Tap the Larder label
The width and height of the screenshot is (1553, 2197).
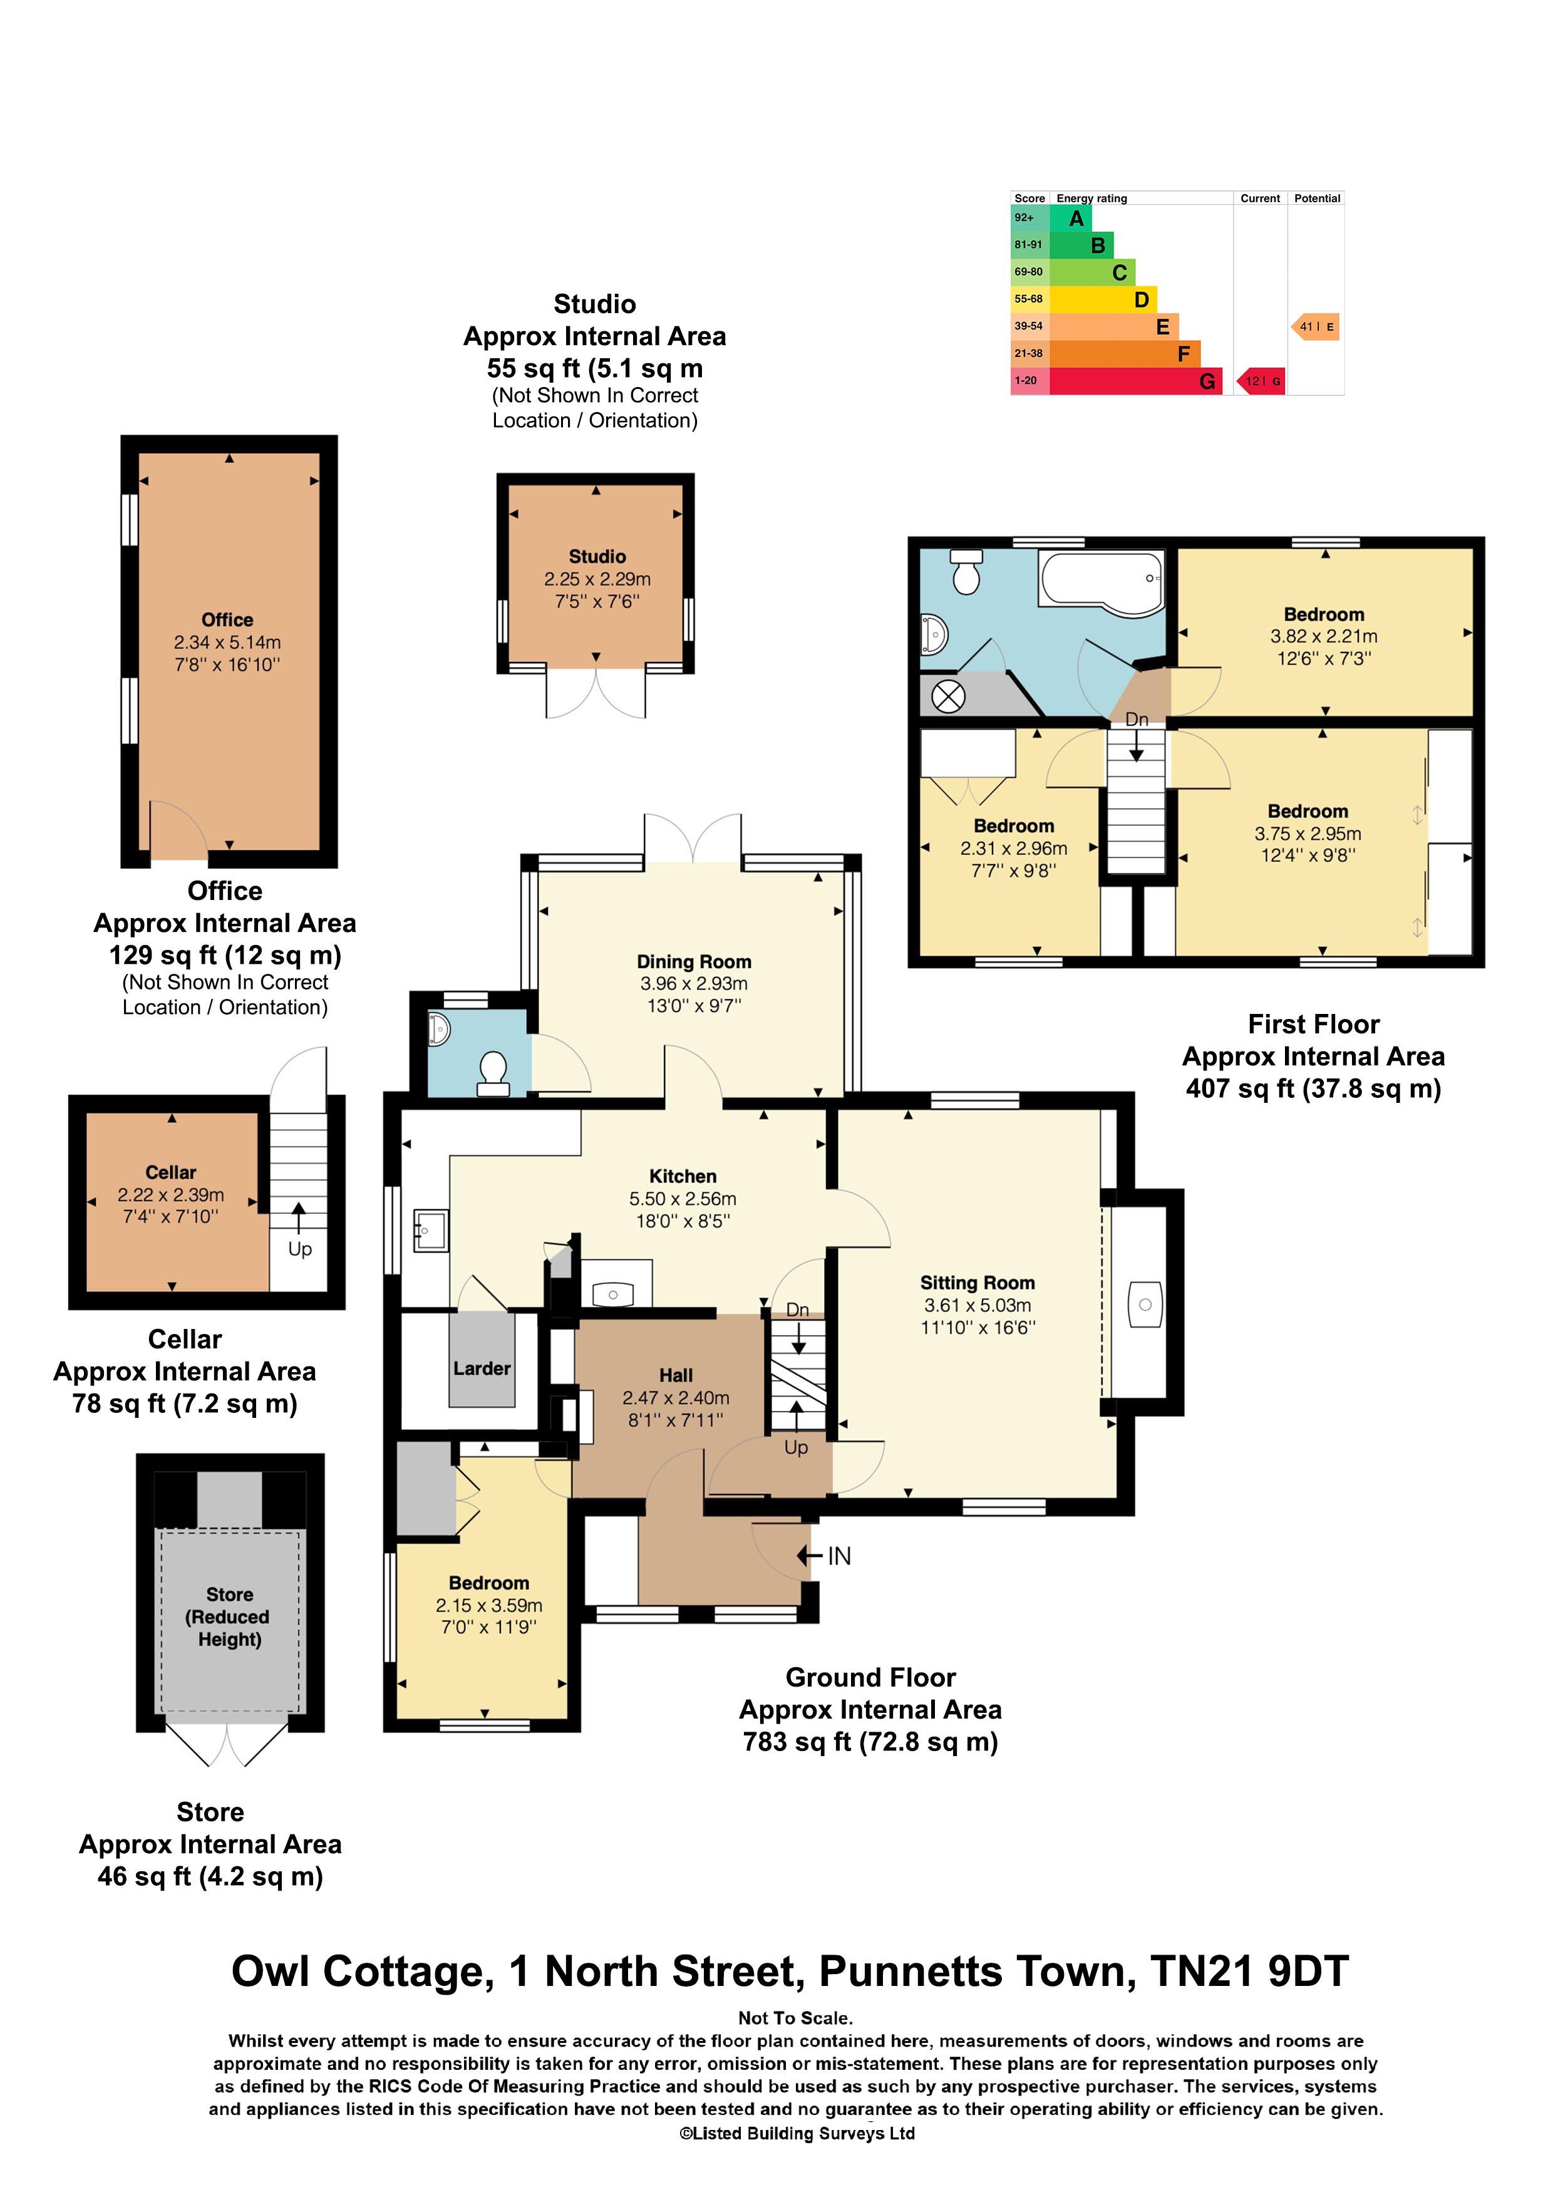482,1368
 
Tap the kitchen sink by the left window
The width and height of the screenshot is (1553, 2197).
431,1229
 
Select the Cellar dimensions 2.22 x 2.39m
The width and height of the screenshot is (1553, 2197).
170,1194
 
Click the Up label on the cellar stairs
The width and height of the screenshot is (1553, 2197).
299,1249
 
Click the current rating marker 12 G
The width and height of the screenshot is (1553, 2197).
1261,381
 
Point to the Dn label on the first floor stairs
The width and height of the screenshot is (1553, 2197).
1136,720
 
